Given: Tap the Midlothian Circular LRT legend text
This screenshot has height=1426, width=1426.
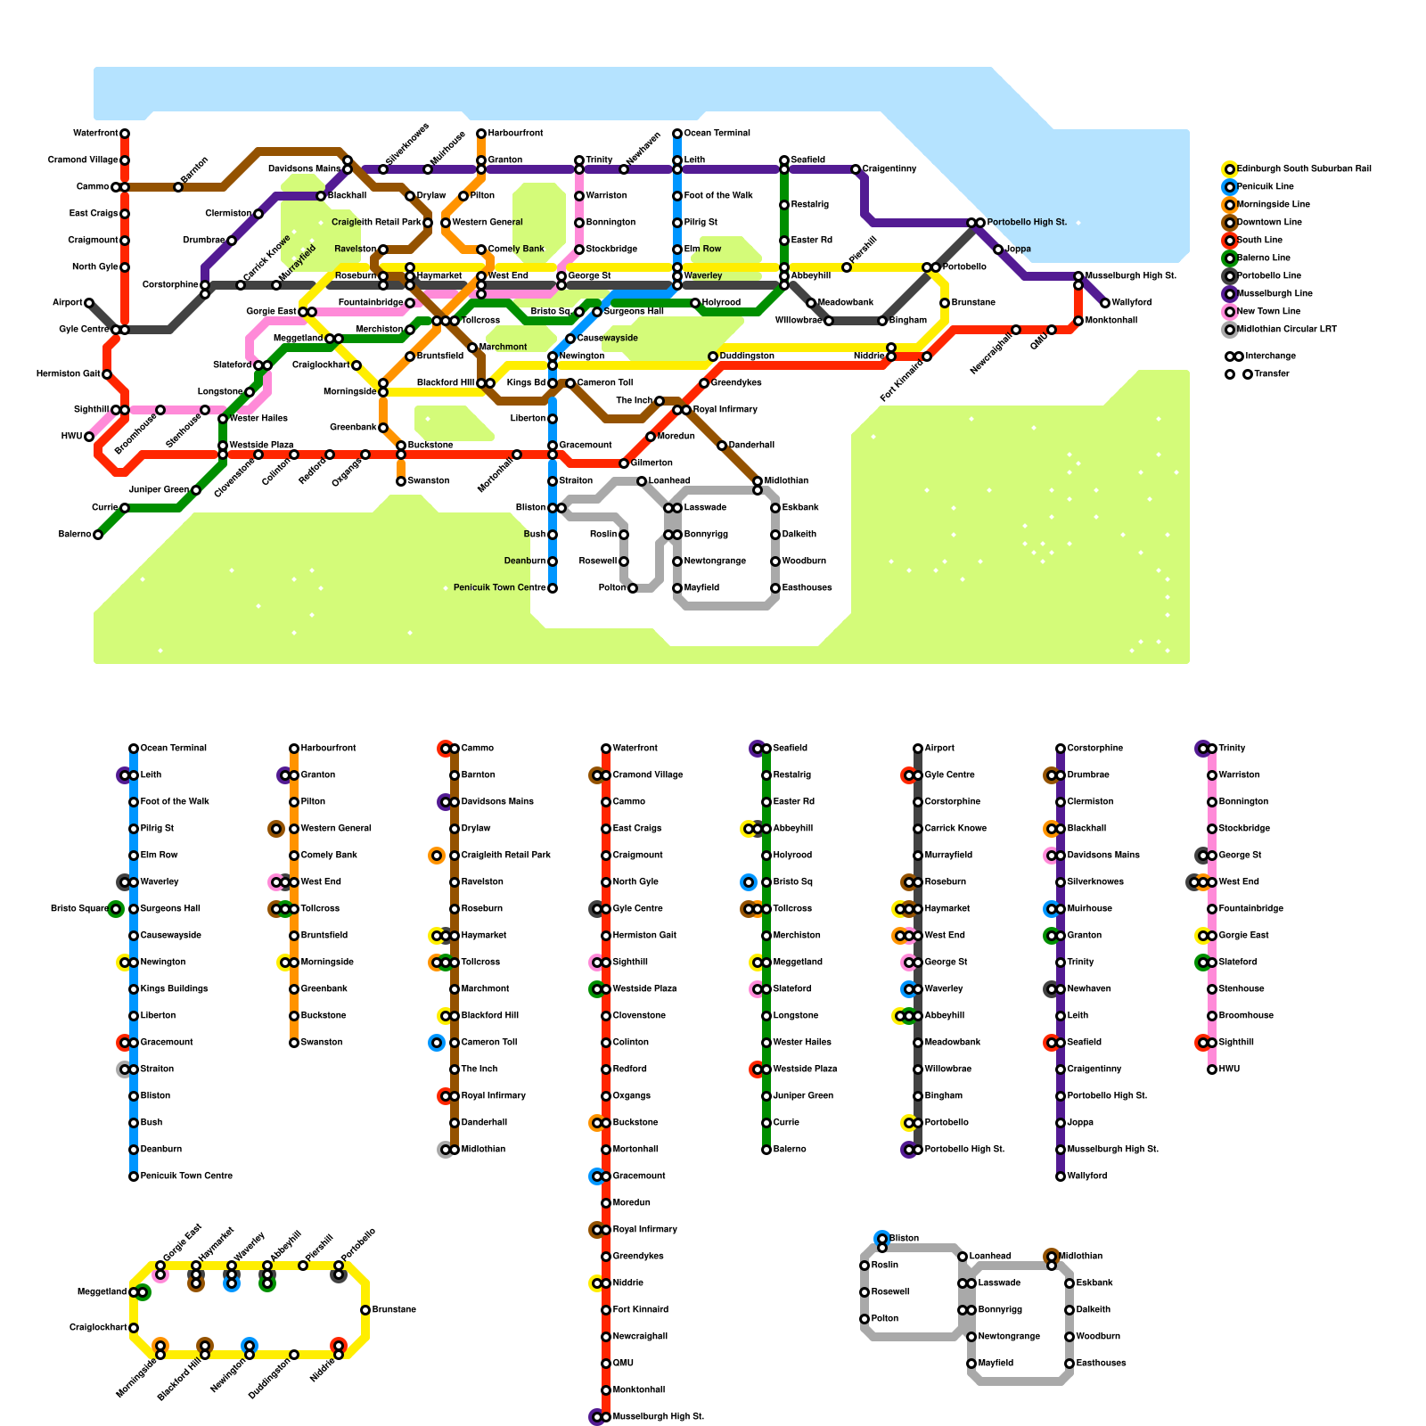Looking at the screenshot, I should (x=1286, y=330).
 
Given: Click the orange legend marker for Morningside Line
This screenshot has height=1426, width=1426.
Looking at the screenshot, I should (x=1230, y=205).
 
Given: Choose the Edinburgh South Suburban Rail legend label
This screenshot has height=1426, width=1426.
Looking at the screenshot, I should (x=1303, y=169).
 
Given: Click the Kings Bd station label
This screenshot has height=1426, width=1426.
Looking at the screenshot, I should (x=526, y=383).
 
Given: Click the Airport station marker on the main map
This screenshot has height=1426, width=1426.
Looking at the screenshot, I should (x=89, y=303).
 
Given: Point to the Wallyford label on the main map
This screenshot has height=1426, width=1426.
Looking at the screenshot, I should (x=1131, y=303).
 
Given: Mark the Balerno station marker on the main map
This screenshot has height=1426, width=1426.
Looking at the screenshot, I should (x=98, y=535).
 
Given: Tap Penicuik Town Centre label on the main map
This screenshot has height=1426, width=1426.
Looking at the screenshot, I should (x=499, y=588).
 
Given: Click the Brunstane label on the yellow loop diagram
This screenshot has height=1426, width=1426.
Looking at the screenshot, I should (x=394, y=1310).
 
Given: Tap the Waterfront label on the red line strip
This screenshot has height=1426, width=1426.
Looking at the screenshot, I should (x=635, y=749).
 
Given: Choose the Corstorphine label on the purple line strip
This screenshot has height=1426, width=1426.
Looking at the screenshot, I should (x=1094, y=749).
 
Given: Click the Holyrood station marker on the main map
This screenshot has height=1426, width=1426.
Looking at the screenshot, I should (x=695, y=303).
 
